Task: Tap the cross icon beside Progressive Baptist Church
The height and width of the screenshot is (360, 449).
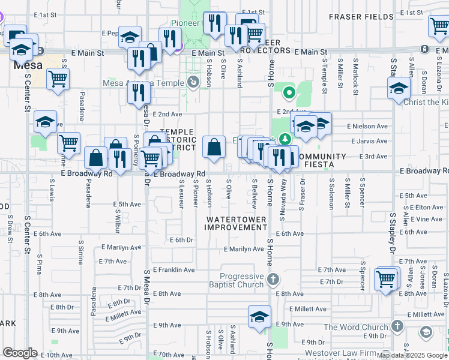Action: (x=273, y=280)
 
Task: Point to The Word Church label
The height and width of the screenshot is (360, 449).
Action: (x=356, y=327)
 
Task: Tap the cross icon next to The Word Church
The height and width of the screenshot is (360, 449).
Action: (x=396, y=326)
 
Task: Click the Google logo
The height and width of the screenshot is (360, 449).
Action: (x=20, y=353)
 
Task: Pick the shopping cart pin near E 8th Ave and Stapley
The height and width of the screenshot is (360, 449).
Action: (x=385, y=278)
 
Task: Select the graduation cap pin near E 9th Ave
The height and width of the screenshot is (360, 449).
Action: (x=259, y=317)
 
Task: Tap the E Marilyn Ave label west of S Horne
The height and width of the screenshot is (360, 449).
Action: (x=244, y=249)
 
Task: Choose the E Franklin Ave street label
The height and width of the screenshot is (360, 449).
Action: (x=173, y=270)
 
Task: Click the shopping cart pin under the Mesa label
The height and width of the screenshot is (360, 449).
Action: (x=58, y=79)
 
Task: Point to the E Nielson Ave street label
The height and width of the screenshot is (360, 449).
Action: (x=367, y=126)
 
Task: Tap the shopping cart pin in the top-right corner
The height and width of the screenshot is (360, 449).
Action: (x=439, y=26)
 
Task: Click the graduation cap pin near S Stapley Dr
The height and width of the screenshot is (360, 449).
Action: (x=399, y=89)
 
